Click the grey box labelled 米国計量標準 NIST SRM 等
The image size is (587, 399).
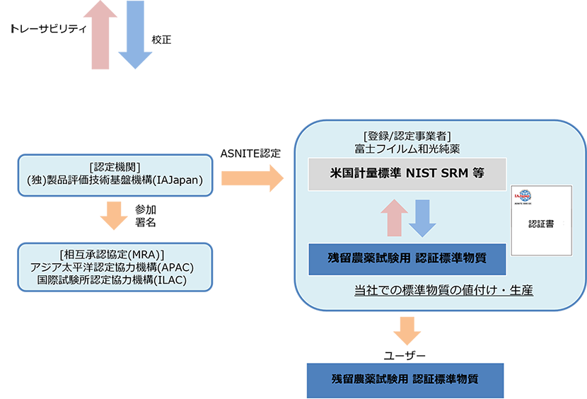click(407, 174)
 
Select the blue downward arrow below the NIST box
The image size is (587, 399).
click(422, 218)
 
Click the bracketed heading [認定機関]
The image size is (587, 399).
click(114, 167)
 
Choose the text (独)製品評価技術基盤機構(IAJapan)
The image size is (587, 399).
click(114, 180)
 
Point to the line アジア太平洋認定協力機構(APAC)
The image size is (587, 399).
click(114, 267)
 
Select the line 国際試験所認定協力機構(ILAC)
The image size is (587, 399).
click(114, 279)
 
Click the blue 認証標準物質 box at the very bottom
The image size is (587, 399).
click(405, 379)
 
